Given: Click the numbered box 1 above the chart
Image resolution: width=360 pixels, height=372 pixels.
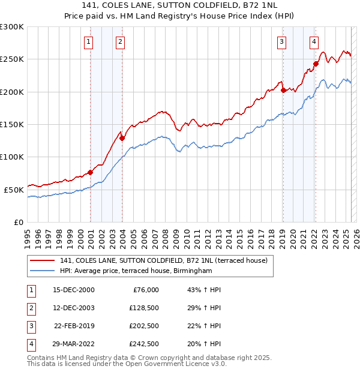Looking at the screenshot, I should coord(88,41).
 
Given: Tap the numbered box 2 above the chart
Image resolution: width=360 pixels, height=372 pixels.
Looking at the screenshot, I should coord(121,41).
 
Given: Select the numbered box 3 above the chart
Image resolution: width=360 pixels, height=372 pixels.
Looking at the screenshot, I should coord(281,41).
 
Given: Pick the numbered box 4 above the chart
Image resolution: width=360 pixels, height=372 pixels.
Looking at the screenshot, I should coord(314,41).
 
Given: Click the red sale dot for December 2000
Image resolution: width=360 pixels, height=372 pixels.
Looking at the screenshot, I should coord(91,172).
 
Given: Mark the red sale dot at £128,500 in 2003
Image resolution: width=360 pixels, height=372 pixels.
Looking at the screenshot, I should coord(122,138).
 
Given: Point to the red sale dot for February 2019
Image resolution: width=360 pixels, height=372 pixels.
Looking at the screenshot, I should coord(283,91).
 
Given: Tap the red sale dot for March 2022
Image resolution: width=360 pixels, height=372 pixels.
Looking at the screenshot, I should coord(316,64).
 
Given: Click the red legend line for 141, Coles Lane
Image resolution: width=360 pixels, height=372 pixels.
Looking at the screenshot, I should coord(42,260).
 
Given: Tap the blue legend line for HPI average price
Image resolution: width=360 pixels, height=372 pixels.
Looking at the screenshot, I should coord(42,271).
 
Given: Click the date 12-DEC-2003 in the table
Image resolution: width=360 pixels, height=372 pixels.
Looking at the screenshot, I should coord(74,308).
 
